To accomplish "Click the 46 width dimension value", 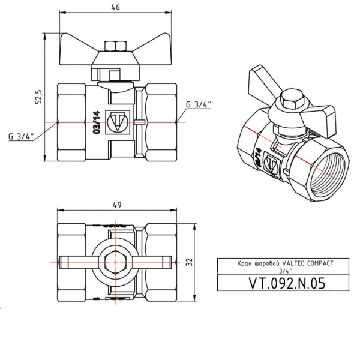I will [x=117, y=7].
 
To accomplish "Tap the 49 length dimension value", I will [x=117, y=205].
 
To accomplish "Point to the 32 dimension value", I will [x=188, y=261].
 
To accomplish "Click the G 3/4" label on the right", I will [x=199, y=104].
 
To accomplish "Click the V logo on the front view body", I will [x=116, y=123].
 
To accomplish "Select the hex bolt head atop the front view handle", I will [x=113, y=46].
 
